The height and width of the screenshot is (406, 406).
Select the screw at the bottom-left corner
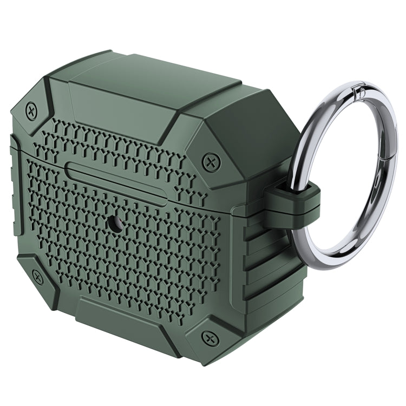pyautogui.click(x=37, y=278)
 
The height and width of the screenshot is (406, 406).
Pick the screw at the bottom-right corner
pyautogui.click(x=209, y=338)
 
